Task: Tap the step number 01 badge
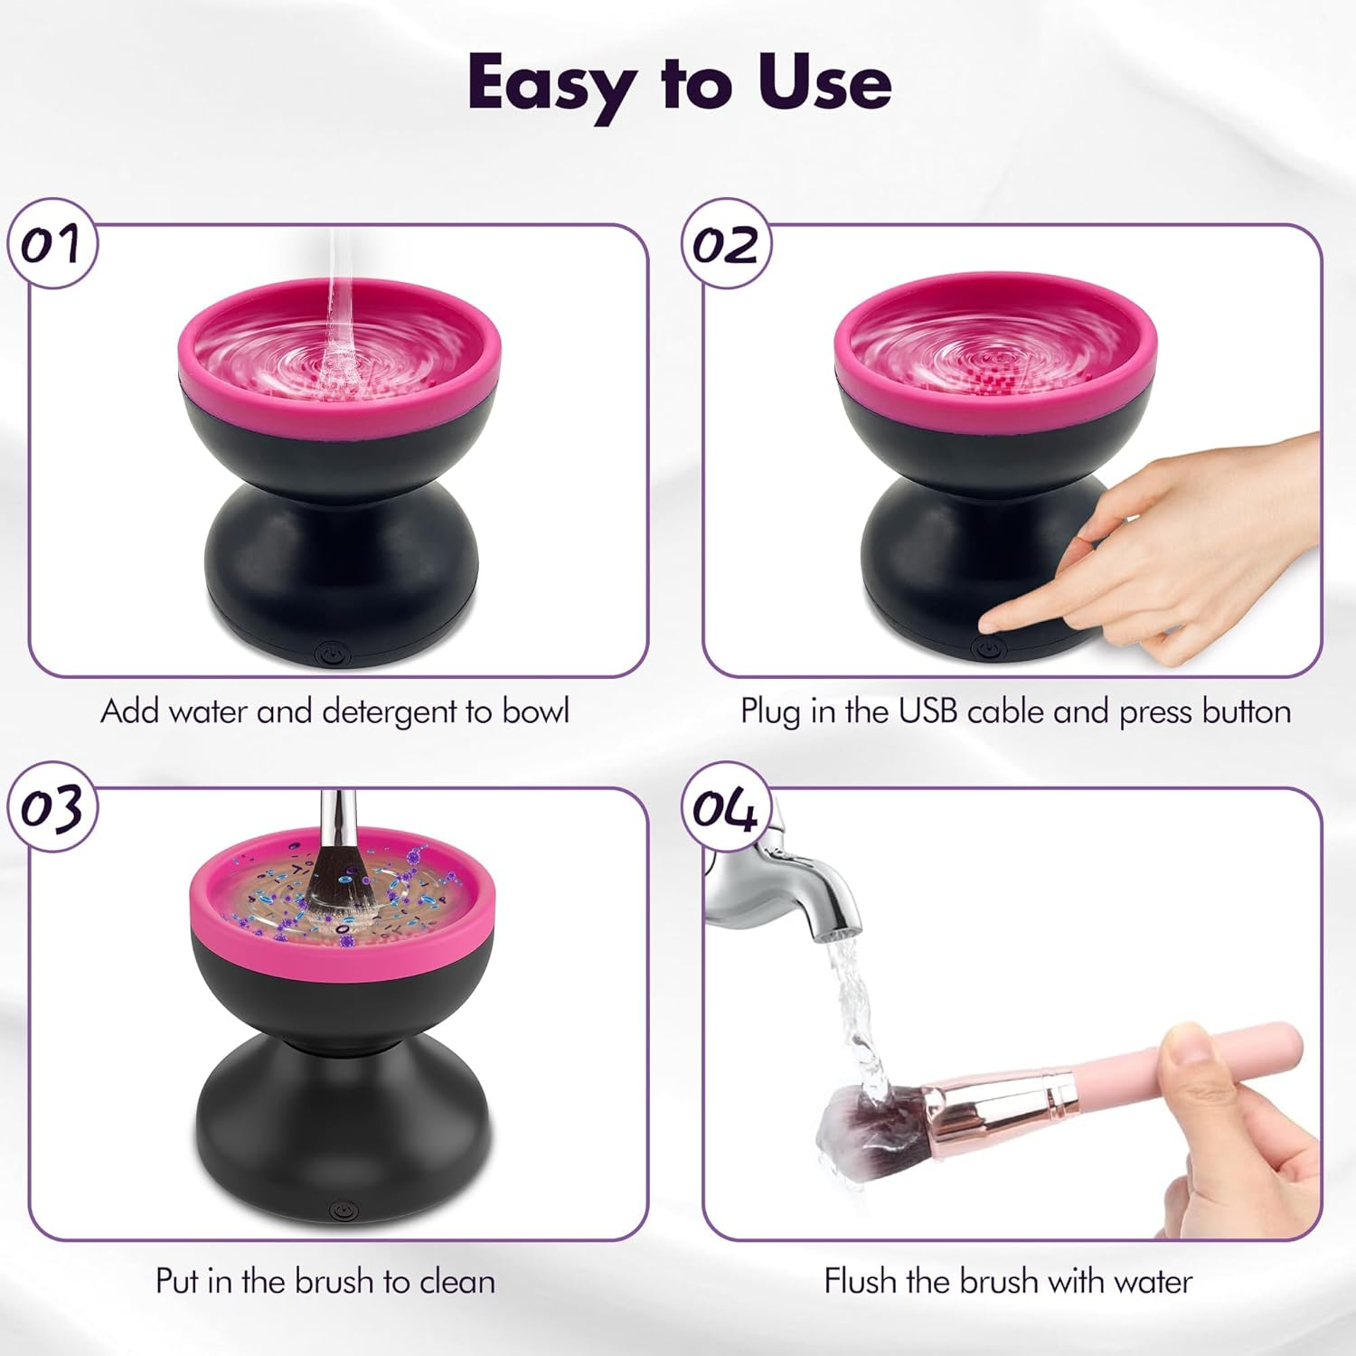[52, 244]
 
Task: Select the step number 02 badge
[725, 244]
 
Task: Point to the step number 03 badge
[52, 807]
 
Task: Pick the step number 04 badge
[725, 807]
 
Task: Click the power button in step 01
[331, 652]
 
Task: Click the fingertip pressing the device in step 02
[994, 622]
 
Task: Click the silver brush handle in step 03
[336, 818]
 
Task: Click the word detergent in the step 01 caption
[390, 712]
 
